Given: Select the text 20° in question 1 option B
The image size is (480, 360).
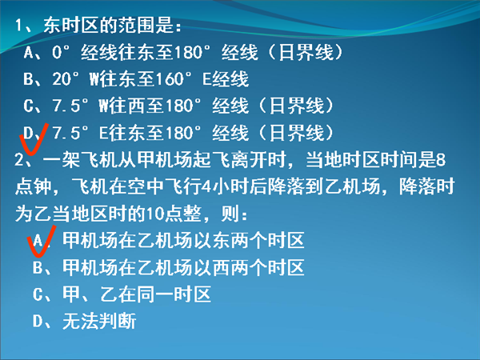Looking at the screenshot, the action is (x=66, y=79).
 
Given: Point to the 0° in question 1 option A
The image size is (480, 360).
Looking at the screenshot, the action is (x=62, y=52).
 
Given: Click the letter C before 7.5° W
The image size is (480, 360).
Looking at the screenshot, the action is (x=28, y=106).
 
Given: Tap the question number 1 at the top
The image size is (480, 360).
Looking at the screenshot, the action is (x=19, y=25).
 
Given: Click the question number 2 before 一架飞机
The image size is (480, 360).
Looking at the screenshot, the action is (x=18, y=160).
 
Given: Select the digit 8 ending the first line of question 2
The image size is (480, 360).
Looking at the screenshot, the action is (x=441, y=160).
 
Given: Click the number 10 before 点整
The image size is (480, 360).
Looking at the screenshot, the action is (x=155, y=214).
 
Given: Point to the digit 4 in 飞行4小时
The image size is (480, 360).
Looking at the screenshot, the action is (x=207, y=186).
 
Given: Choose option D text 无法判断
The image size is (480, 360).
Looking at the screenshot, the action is (x=99, y=322).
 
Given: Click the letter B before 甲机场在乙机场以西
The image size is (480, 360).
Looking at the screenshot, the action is (x=38, y=267).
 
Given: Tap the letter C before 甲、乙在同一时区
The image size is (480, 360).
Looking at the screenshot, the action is (x=38, y=294).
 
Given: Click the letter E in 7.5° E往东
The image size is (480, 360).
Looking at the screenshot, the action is (x=103, y=133).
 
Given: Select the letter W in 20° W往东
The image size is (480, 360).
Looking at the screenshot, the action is (x=94, y=79).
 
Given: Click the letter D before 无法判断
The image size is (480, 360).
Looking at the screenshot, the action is (x=38, y=322).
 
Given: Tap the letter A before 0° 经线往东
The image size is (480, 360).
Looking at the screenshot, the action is (x=28, y=52).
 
